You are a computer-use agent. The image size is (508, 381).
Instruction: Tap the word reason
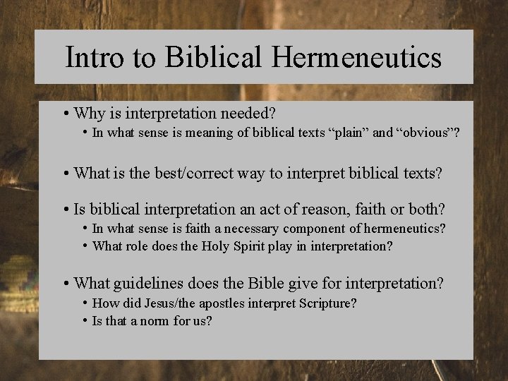coord(326,210)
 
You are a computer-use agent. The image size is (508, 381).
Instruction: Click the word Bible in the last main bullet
coord(272,284)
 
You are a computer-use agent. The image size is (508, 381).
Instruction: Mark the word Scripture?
coord(328,303)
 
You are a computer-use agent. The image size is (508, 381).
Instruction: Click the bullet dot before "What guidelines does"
coord(66,284)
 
